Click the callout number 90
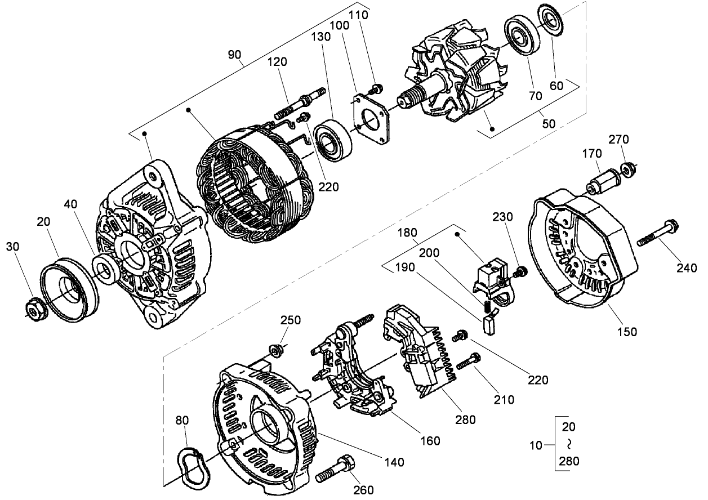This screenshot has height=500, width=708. pyautogui.click(x=234, y=55)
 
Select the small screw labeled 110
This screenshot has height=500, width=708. pyautogui.click(x=376, y=88)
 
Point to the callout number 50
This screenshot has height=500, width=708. pyautogui.click(x=548, y=122)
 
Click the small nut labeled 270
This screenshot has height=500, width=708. pyautogui.click(x=627, y=168)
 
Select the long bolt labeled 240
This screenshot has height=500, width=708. pyautogui.click(x=659, y=234)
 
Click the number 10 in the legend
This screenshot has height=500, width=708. pyautogui.click(x=537, y=445)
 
